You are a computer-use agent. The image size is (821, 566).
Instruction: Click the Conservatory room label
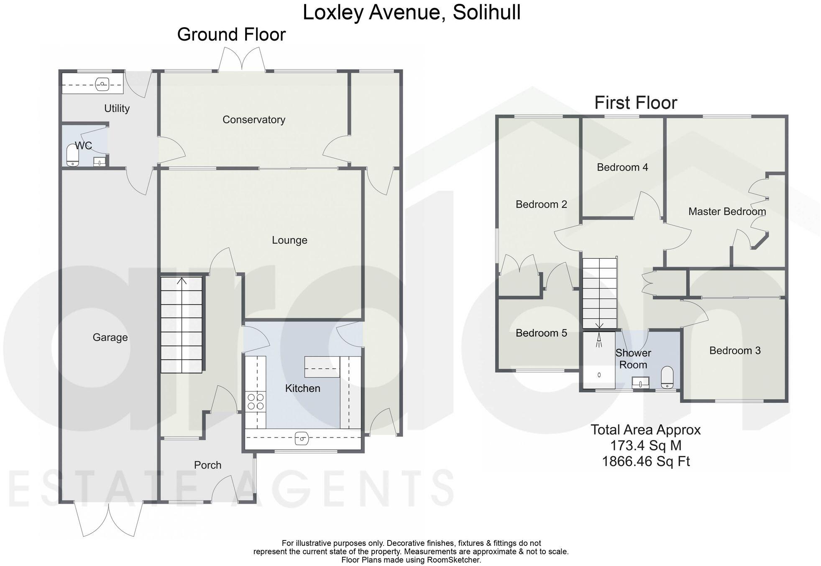(253, 120)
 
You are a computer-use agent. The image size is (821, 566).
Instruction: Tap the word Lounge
(289, 240)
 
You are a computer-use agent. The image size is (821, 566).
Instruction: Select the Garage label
(110, 337)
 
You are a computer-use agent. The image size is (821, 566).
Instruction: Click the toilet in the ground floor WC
(73, 155)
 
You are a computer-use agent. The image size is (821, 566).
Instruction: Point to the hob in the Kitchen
(255, 401)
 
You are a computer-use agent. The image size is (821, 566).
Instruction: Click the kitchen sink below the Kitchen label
(302, 439)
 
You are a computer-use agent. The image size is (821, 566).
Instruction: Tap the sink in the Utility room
(102, 85)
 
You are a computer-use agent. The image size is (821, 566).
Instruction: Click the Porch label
(207, 465)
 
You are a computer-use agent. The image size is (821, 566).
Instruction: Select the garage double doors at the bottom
(109, 519)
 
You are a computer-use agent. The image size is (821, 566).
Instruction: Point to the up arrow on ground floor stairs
(182, 281)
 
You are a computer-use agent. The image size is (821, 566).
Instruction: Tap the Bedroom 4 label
(622, 167)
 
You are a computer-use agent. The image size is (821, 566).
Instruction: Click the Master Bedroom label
(727, 212)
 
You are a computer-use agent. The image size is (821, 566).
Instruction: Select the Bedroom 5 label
(541, 333)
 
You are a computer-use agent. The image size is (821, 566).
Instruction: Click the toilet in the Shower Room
(667, 378)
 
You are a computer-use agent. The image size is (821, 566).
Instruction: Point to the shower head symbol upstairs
(599, 340)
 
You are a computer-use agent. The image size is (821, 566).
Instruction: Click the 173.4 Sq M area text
(645, 445)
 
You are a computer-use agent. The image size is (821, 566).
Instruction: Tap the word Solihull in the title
(486, 13)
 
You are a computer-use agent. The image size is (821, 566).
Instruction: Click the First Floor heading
(635, 103)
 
